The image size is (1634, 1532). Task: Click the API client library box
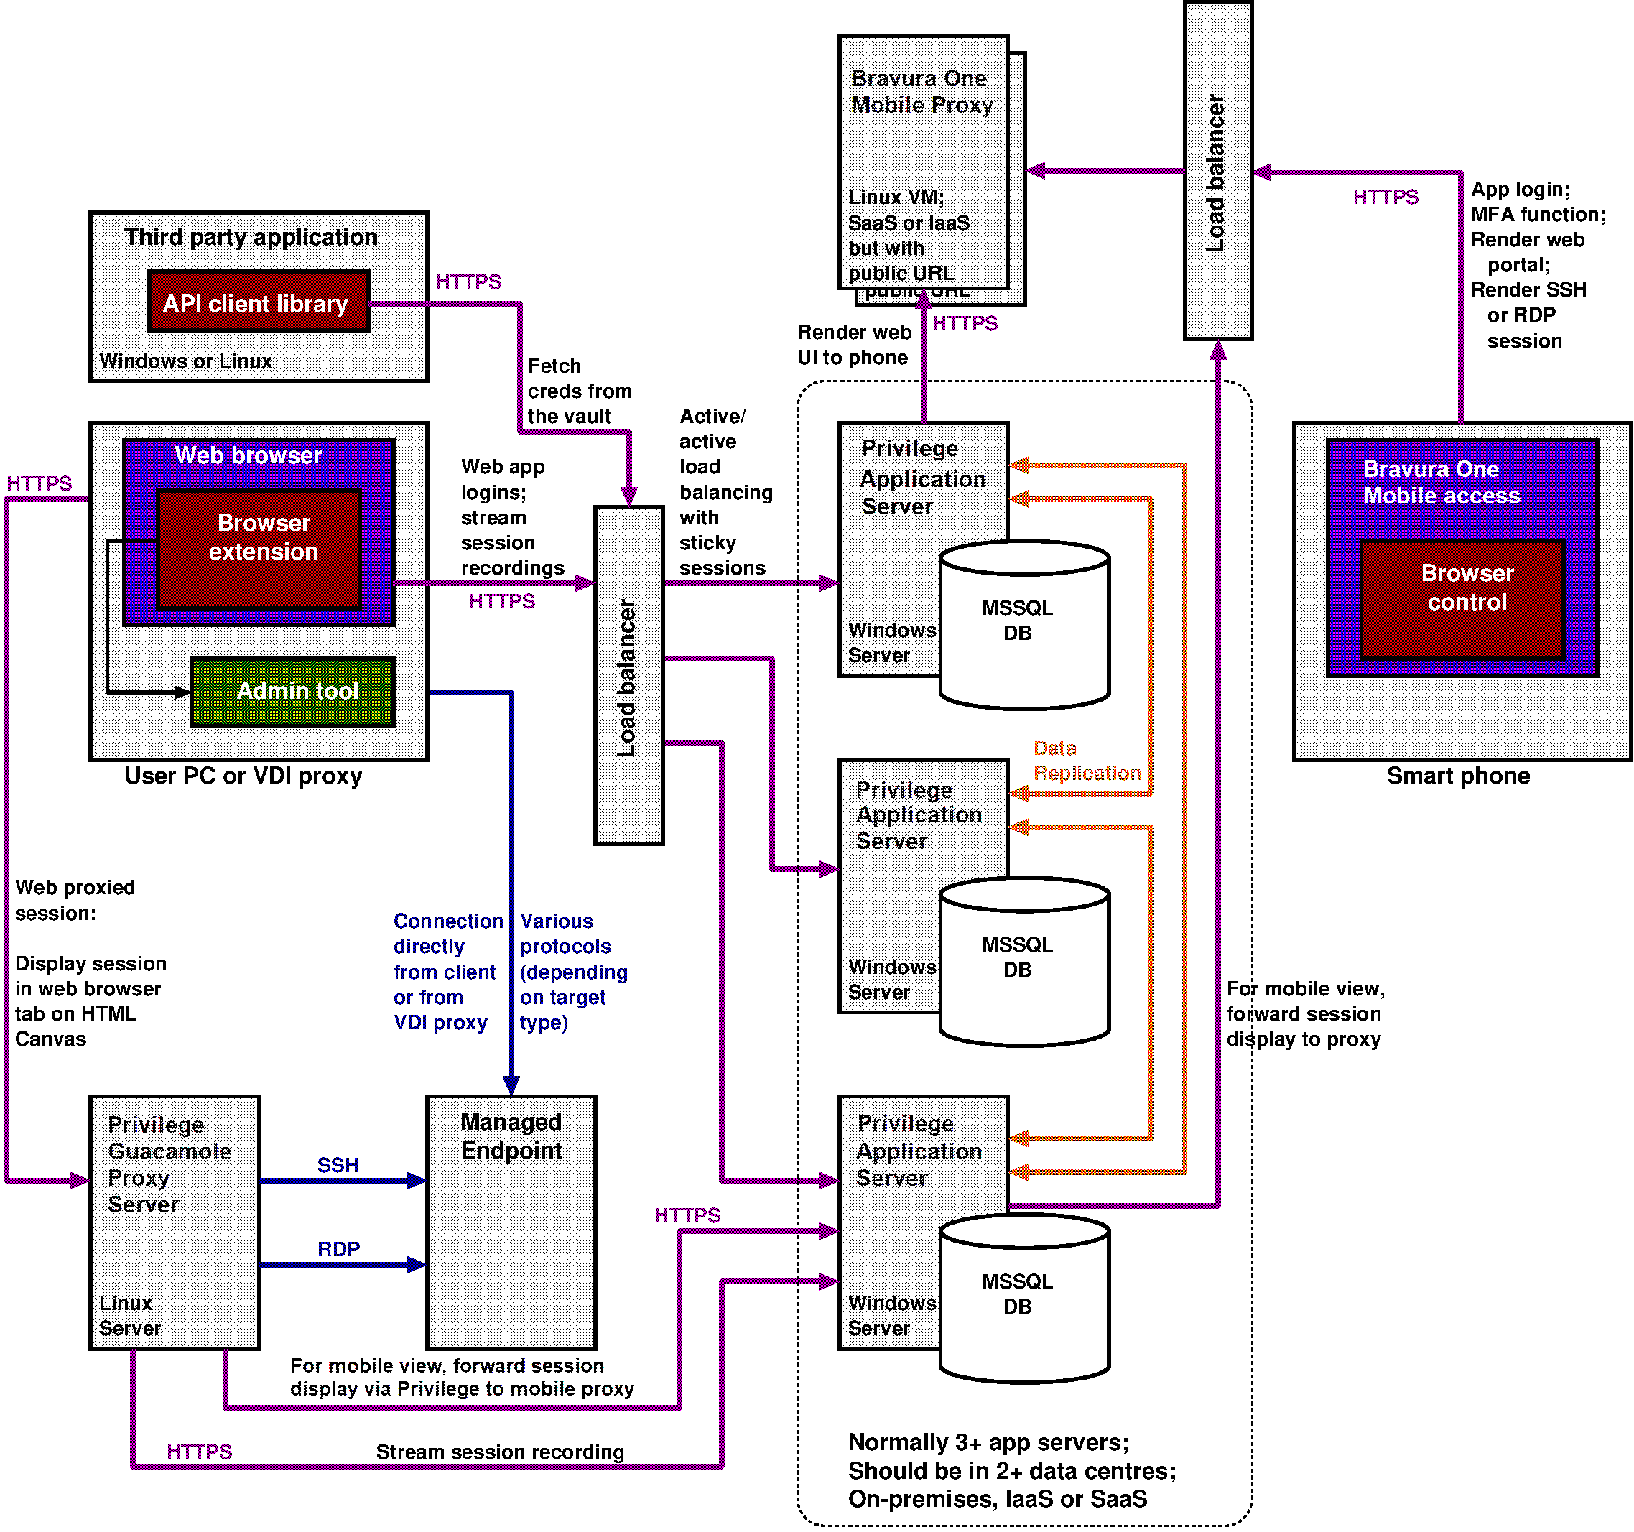coord(258,302)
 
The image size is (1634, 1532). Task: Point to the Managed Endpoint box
coord(511,1222)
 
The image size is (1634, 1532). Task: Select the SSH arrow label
coord(338,1164)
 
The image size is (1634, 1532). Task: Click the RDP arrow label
coord(338,1248)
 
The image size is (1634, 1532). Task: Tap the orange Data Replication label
coord(1087,760)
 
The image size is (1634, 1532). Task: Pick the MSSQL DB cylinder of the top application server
coord(1024,625)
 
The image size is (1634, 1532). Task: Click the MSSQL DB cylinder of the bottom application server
coord(1024,1299)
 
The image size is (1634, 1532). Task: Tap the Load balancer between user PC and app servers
coord(628,674)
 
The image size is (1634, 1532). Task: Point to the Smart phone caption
coord(1457,775)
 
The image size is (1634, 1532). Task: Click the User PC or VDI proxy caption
coord(243,775)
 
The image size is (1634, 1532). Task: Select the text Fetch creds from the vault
coord(579,391)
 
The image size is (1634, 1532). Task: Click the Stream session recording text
coord(500,1452)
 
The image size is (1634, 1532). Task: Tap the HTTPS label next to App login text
coord(1385,198)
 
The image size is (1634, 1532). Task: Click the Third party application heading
coord(251,237)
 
